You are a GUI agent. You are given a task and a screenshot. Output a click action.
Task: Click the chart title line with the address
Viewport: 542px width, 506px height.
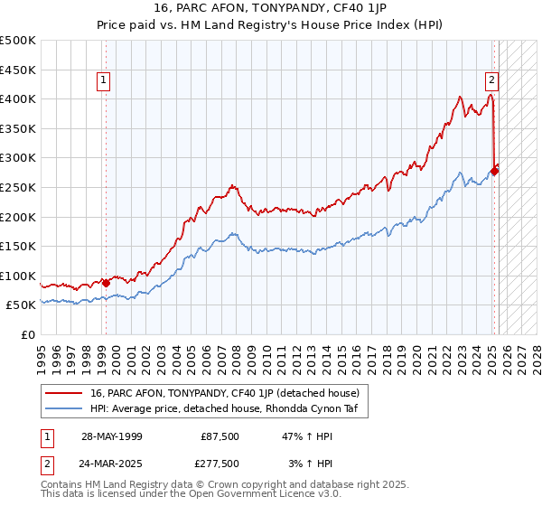[270, 10]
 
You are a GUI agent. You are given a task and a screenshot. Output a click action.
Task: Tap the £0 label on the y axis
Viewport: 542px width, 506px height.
[29, 334]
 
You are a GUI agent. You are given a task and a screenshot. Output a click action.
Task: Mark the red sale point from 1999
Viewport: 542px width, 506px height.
[106, 283]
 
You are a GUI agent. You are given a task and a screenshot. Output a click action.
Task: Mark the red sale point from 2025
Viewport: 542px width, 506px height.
[494, 170]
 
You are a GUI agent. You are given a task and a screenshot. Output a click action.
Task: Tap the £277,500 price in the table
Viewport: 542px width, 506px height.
[220, 463]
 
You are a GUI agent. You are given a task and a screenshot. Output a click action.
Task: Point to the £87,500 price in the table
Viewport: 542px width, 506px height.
[220, 436]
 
